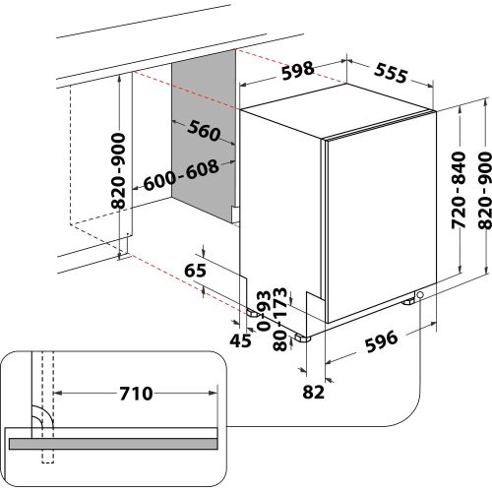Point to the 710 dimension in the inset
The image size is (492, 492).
[x=133, y=394]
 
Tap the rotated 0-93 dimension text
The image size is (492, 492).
[x=262, y=308]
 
